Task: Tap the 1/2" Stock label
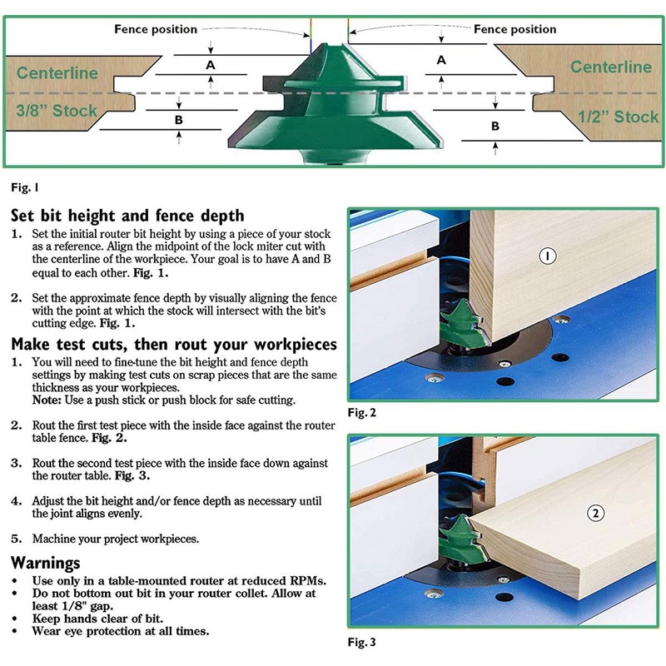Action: pyautogui.click(x=618, y=117)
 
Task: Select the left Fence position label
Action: pyautogui.click(x=156, y=29)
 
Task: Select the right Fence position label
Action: pyautogui.click(x=514, y=29)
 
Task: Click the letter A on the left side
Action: pyautogui.click(x=211, y=64)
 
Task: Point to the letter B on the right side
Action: pyautogui.click(x=495, y=126)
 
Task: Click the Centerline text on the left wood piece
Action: pyautogui.click(x=57, y=72)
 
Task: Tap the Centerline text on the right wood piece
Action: pyautogui.click(x=610, y=66)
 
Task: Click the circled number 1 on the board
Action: pyautogui.click(x=547, y=256)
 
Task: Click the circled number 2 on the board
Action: pyautogui.click(x=595, y=513)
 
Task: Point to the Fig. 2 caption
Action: pyautogui.click(x=362, y=412)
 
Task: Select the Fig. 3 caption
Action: pyautogui.click(x=362, y=642)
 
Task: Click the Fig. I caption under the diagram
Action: pyautogui.click(x=25, y=186)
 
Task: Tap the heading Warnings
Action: pyautogui.click(x=46, y=563)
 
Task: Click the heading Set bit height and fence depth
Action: pyautogui.click(x=127, y=216)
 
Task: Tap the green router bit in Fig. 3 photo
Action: pyautogui.click(x=460, y=533)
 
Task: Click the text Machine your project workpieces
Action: pyautogui.click(x=115, y=539)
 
